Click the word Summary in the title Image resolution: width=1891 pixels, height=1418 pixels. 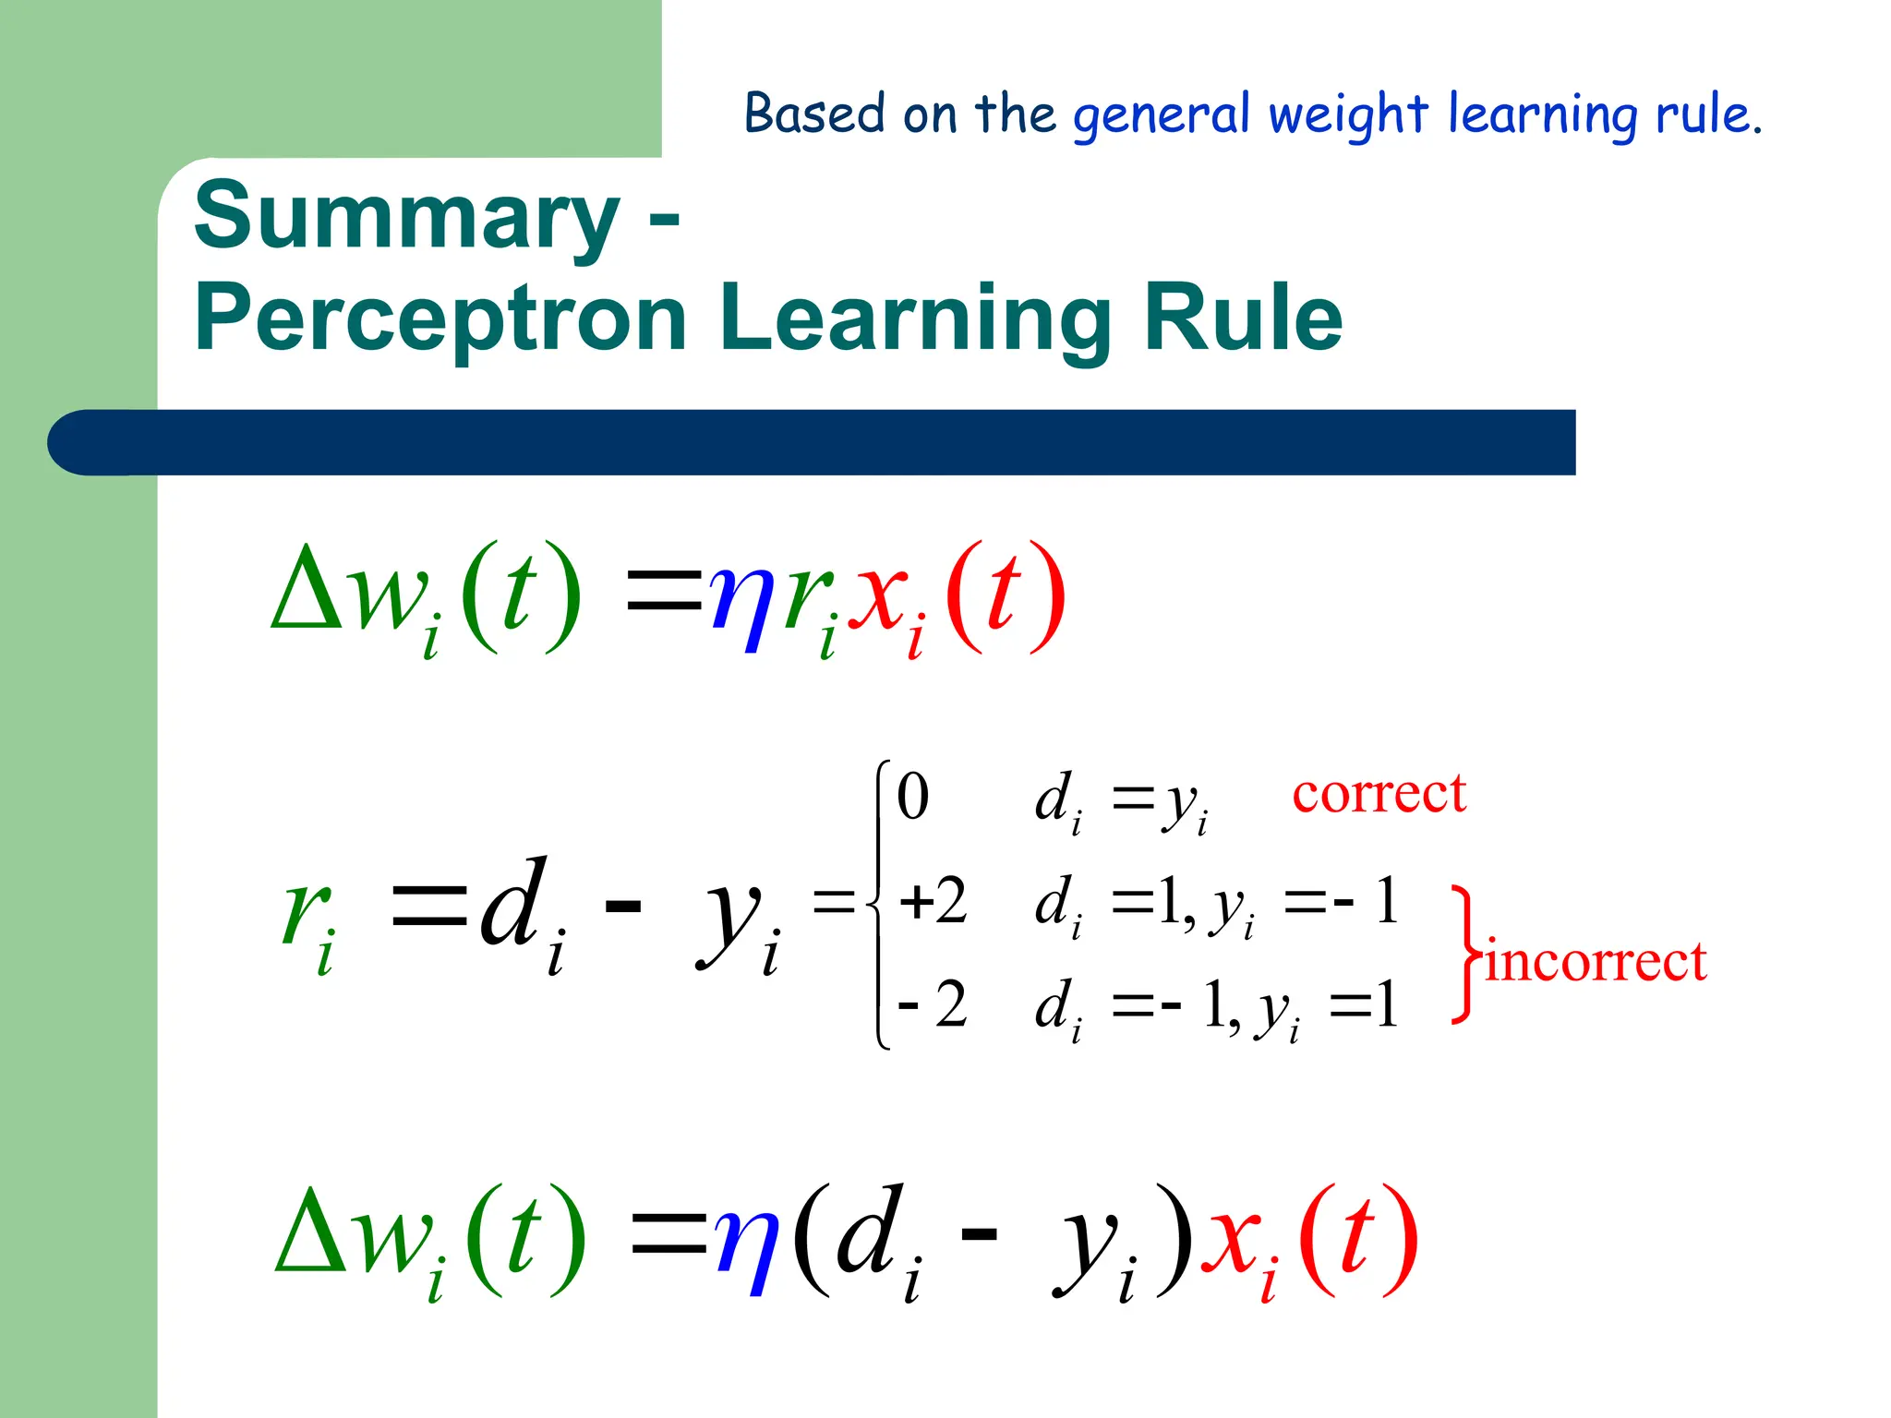click(x=406, y=218)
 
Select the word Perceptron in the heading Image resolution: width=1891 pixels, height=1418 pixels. click(x=440, y=318)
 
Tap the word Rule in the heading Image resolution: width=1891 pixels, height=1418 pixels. click(x=1243, y=318)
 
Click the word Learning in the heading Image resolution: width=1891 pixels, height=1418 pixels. click(x=914, y=318)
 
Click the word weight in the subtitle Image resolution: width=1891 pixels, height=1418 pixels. click(x=1348, y=114)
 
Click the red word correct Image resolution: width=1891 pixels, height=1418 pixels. click(x=1379, y=794)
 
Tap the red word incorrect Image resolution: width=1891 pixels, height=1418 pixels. click(x=1596, y=962)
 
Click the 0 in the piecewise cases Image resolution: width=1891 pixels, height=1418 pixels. click(x=912, y=797)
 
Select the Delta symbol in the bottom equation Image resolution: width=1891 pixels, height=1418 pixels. click(x=311, y=1232)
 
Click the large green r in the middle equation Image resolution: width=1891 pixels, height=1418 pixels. click(x=307, y=910)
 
